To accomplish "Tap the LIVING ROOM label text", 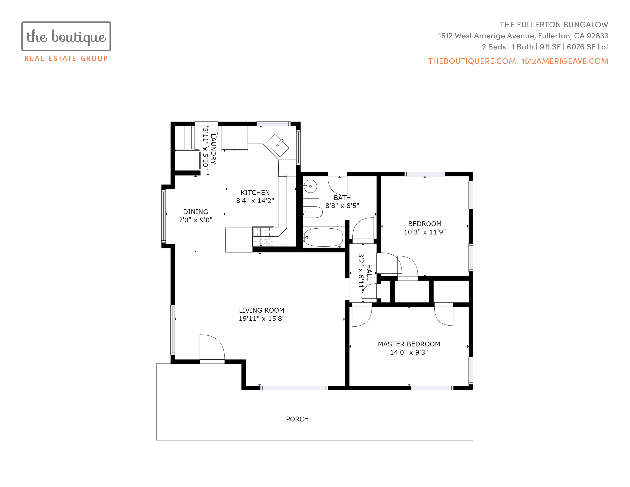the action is click(x=262, y=310).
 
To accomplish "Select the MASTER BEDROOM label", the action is click(x=409, y=344).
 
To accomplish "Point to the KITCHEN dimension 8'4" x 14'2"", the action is click(x=255, y=201).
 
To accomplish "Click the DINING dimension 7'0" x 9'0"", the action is click(x=195, y=220).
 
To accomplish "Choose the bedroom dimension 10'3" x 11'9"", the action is click(x=425, y=232).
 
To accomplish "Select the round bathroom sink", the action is click(x=310, y=186).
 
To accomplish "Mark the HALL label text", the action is click(x=369, y=272).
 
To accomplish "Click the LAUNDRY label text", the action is click(x=213, y=149).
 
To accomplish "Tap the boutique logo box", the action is click(x=66, y=36).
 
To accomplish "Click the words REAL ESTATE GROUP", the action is click(x=66, y=58).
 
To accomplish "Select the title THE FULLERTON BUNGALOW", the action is click(x=554, y=25).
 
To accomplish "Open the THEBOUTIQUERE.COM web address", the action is click(x=472, y=61).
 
